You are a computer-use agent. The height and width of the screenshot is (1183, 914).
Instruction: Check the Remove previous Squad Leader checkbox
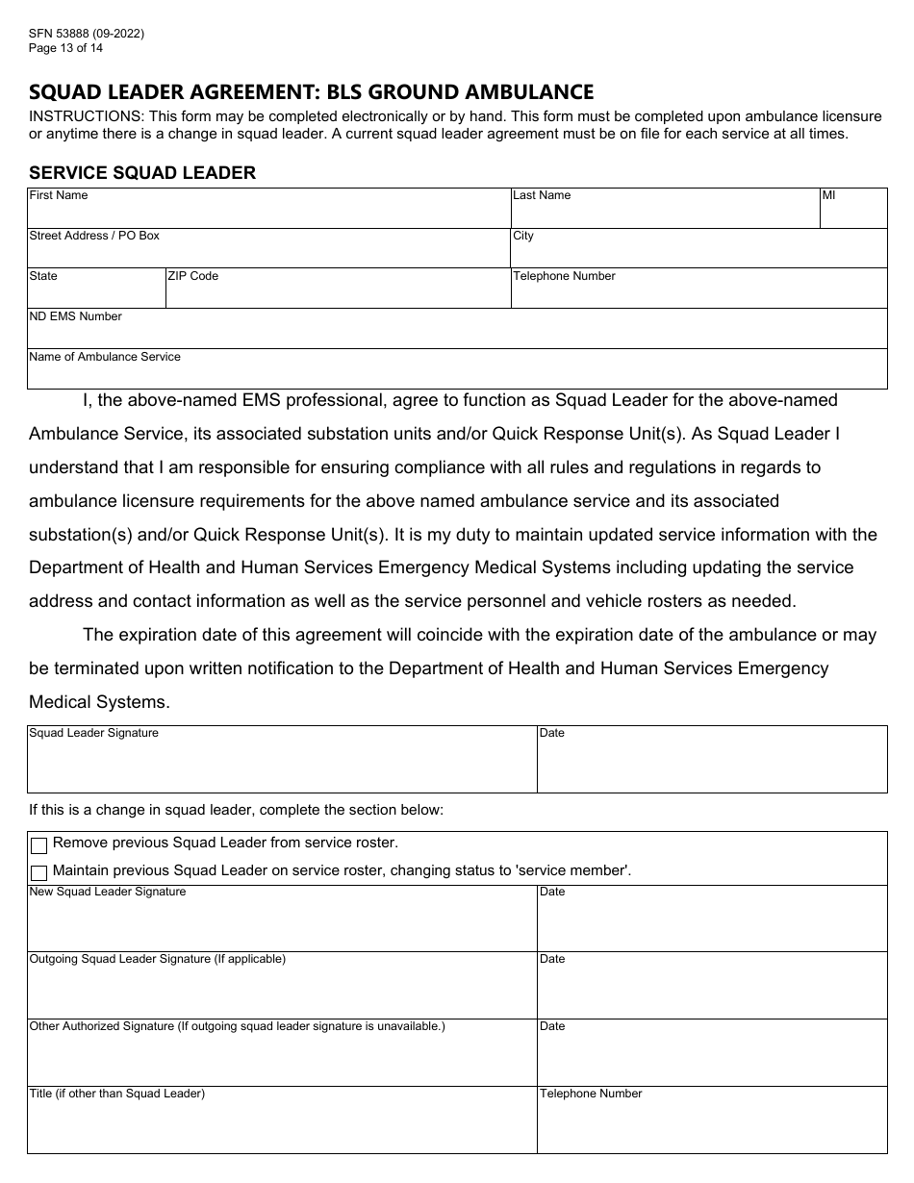coord(39,846)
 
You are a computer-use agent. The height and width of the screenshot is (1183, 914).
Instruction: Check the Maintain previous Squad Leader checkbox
coord(39,873)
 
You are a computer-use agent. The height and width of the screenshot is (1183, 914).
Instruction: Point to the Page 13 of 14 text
coord(66,47)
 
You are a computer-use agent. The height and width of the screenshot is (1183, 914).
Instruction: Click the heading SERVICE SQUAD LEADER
coord(142,173)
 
